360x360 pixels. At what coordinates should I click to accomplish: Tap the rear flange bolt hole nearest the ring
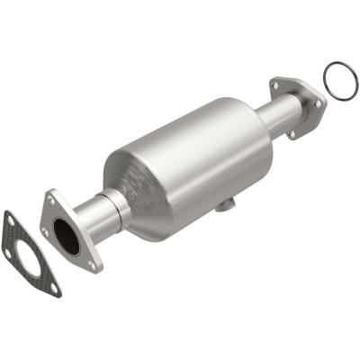click(318, 103)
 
